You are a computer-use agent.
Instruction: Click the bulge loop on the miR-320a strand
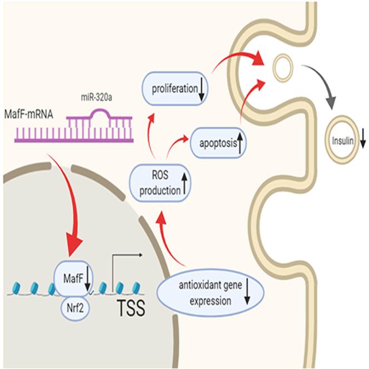99,114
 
